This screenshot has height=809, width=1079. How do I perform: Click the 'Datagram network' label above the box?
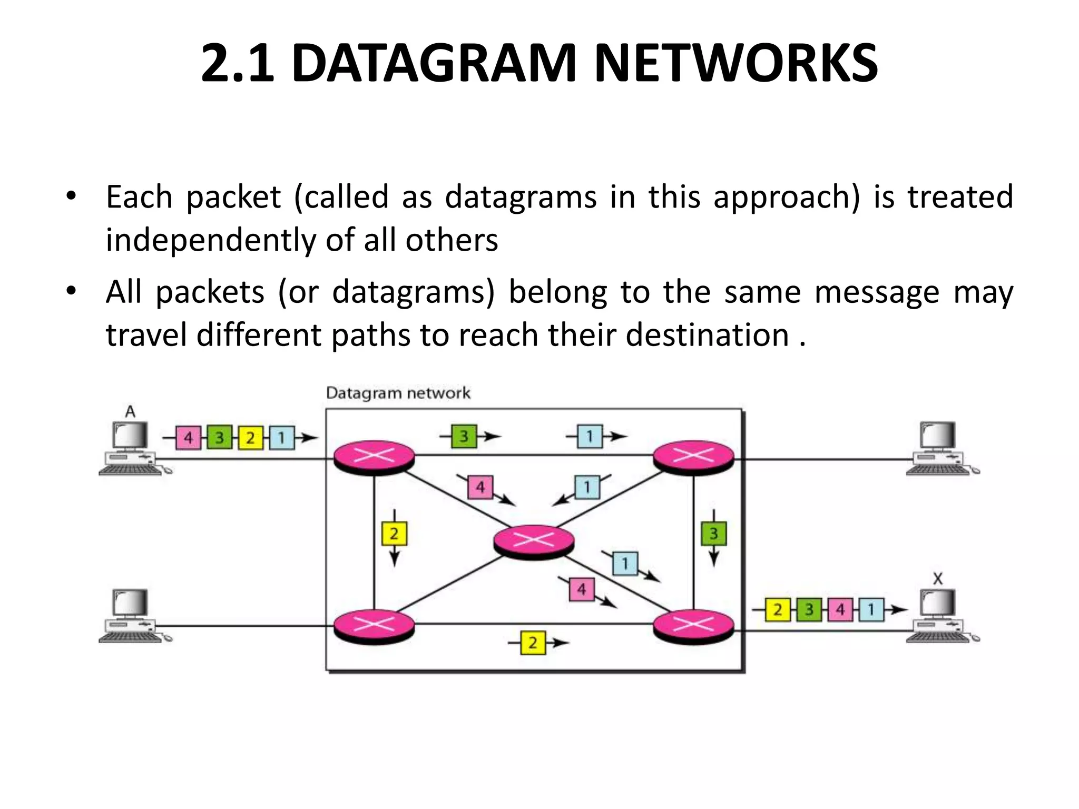[x=398, y=393]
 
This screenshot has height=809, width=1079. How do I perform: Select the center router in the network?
[x=534, y=540]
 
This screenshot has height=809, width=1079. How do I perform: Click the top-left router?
[x=374, y=457]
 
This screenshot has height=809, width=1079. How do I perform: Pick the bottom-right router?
[x=693, y=626]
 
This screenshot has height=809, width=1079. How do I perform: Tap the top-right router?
[x=693, y=457]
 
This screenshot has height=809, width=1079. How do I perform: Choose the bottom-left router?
[x=374, y=626]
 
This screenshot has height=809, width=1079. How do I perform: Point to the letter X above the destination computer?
[x=938, y=579]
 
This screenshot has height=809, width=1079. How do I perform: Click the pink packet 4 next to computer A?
[x=188, y=438]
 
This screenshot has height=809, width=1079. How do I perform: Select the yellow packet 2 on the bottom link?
[x=533, y=643]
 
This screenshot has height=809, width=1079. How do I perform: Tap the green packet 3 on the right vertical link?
[x=714, y=534]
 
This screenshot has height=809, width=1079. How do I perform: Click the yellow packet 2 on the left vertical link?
[x=394, y=534]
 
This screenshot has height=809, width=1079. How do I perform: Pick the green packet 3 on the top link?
[x=464, y=436]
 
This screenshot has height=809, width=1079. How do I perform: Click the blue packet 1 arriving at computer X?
[x=871, y=610]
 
